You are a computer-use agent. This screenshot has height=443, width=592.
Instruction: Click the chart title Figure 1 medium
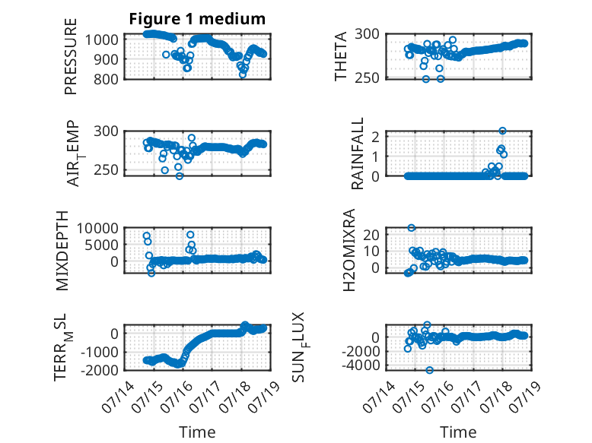197,19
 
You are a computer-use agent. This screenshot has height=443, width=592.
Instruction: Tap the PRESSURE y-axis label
71,56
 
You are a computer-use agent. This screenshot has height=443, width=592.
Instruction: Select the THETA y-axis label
341,56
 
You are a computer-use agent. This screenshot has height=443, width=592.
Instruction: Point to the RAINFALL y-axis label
357,153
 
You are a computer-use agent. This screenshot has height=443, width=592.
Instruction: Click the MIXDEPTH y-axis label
62,251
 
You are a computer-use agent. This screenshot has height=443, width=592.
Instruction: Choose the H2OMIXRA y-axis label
349,250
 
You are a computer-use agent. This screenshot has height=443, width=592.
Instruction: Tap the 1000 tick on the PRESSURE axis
101,40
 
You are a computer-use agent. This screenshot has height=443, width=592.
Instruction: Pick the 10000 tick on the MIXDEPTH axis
98,228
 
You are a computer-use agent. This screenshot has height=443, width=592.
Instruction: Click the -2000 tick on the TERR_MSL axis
99,370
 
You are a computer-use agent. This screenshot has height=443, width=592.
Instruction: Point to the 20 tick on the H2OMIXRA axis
371,235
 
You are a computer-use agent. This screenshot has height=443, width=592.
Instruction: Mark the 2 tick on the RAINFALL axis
375,137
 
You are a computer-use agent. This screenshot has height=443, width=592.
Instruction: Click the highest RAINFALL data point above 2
502,131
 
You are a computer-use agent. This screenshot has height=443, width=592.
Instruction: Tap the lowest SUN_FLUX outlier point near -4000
430,370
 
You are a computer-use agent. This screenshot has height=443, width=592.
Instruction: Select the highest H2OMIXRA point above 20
412,228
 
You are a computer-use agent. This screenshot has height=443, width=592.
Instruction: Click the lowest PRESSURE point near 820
243,74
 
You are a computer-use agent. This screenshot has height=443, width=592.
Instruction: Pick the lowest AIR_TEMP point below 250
180,176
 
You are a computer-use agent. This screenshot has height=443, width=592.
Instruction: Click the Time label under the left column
197,432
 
